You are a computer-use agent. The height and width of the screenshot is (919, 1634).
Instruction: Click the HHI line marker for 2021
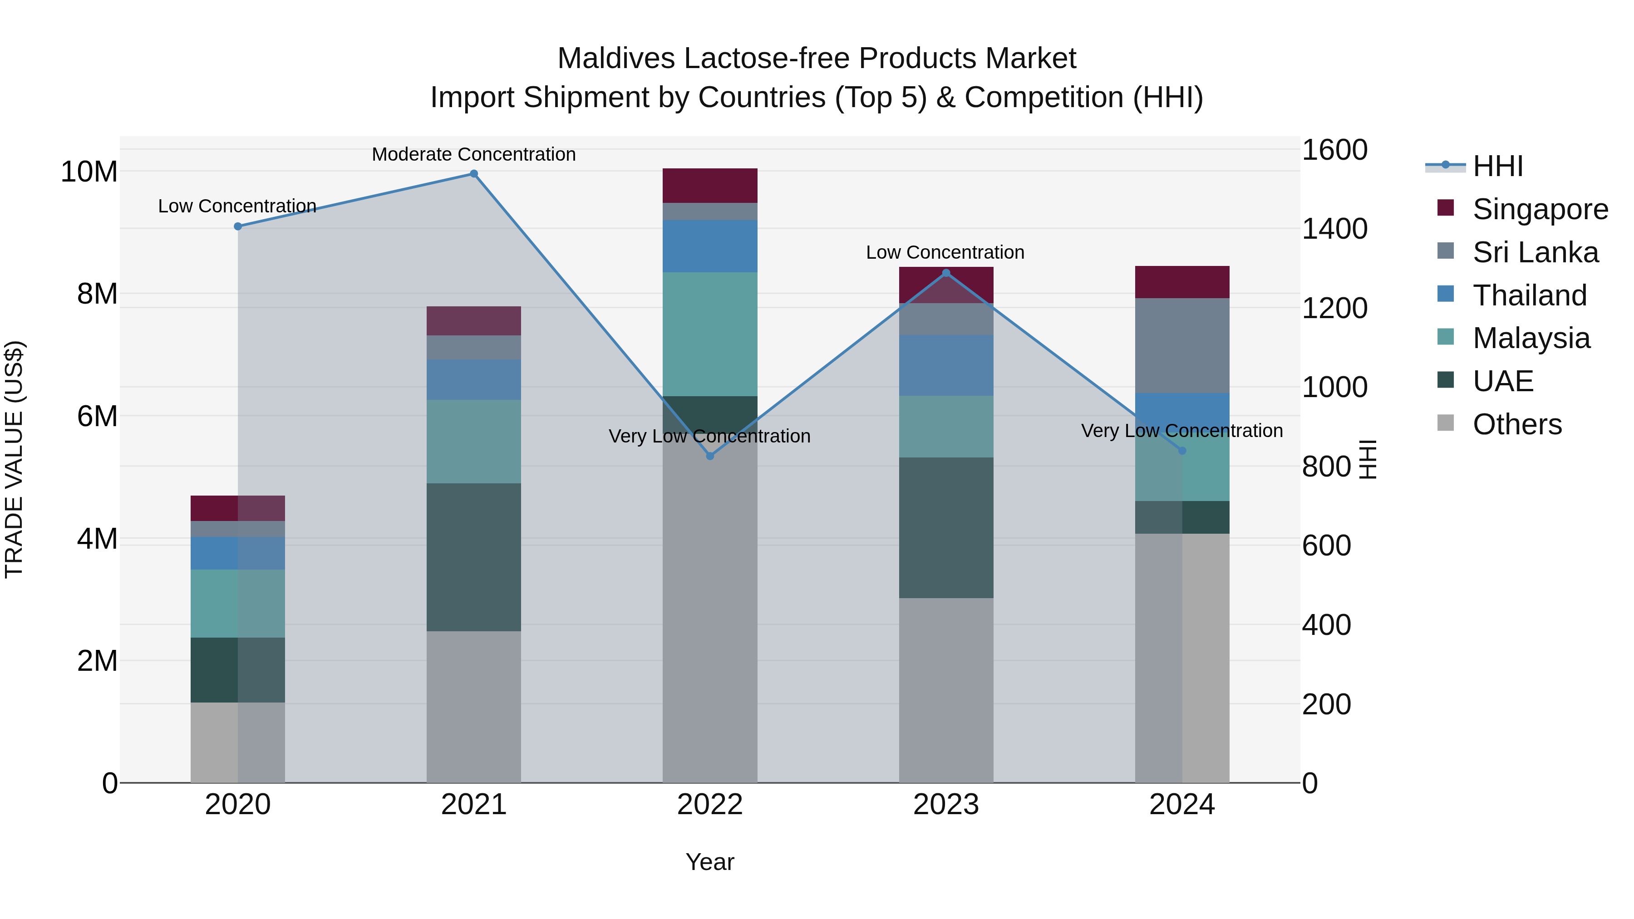pyautogui.click(x=474, y=174)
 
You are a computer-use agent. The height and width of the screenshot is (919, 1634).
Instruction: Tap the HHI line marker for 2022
pyautogui.click(x=710, y=456)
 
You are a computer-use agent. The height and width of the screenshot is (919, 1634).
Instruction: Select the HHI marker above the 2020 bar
pyautogui.click(x=238, y=226)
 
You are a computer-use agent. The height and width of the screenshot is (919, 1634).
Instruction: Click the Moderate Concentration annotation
pyautogui.click(x=474, y=154)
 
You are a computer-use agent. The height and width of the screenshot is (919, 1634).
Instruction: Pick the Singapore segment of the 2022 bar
pyautogui.click(x=710, y=185)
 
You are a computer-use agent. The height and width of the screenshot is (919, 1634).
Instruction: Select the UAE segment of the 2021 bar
pyautogui.click(x=474, y=557)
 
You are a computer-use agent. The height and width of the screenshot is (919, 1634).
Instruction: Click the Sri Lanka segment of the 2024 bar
pyautogui.click(x=1182, y=346)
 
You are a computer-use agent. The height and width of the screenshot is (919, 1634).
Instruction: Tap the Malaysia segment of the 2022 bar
pyautogui.click(x=710, y=334)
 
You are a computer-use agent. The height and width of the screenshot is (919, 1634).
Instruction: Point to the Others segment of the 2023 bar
pyautogui.click(x=946, y=690)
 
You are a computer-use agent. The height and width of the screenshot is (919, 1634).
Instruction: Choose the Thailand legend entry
pyautogui.click(x=1529, y=295)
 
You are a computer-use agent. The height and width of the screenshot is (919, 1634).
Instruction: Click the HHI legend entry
pyautogui.click(x=1497, y=166)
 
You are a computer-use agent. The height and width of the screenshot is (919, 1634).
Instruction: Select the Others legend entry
pyautogui.click(x=1516, y=424)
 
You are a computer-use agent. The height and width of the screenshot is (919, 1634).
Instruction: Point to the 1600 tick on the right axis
pyautogui.click(x=1334, y=150)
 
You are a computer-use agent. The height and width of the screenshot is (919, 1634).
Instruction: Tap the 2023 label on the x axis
pyautogui.click(x=946, y=805)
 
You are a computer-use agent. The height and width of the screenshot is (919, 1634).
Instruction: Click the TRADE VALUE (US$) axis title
pyautogui.click(x=14, y=459)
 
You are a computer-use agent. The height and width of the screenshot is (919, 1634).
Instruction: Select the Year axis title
pyautogui.click(x=710, y=862)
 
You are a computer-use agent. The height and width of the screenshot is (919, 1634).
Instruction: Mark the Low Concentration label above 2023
pyautogui.click(x=945, y=252)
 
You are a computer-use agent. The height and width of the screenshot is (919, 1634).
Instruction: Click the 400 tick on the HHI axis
pyautogui.click(x=1326, y=625)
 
